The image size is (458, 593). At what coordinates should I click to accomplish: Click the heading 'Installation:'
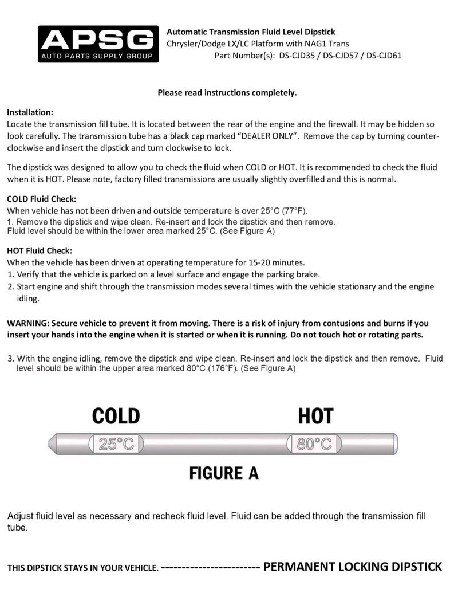30,112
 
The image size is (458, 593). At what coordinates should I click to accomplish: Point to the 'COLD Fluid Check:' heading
42,199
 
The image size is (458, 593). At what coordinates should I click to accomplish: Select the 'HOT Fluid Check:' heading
40,250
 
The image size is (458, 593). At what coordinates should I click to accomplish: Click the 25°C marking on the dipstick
116,443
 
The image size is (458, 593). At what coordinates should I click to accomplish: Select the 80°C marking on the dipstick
314,443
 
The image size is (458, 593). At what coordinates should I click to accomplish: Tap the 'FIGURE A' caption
224,473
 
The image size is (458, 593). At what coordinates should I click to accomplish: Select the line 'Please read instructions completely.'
227,92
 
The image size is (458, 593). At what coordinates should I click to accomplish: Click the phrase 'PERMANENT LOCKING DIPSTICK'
353,567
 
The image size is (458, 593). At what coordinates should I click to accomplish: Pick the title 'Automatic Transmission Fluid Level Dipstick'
251,32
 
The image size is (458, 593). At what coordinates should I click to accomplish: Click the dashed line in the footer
211,567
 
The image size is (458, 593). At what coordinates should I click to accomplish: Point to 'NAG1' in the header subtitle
309,44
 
